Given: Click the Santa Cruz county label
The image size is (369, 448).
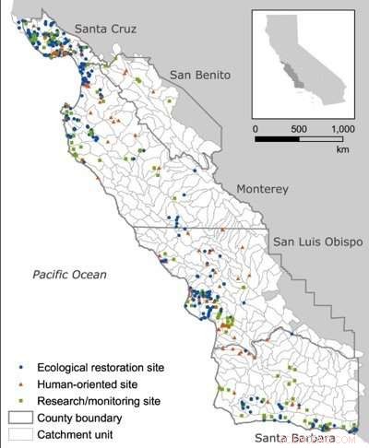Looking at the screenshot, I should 105,30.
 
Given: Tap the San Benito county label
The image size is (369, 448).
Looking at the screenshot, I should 200,76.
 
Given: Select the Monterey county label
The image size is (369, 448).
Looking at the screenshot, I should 263,189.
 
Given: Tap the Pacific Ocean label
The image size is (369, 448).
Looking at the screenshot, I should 69,275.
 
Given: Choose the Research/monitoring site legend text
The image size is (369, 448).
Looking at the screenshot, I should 100,401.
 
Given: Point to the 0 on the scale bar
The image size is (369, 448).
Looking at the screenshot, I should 256,129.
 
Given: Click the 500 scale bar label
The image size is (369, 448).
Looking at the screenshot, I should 293,129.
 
